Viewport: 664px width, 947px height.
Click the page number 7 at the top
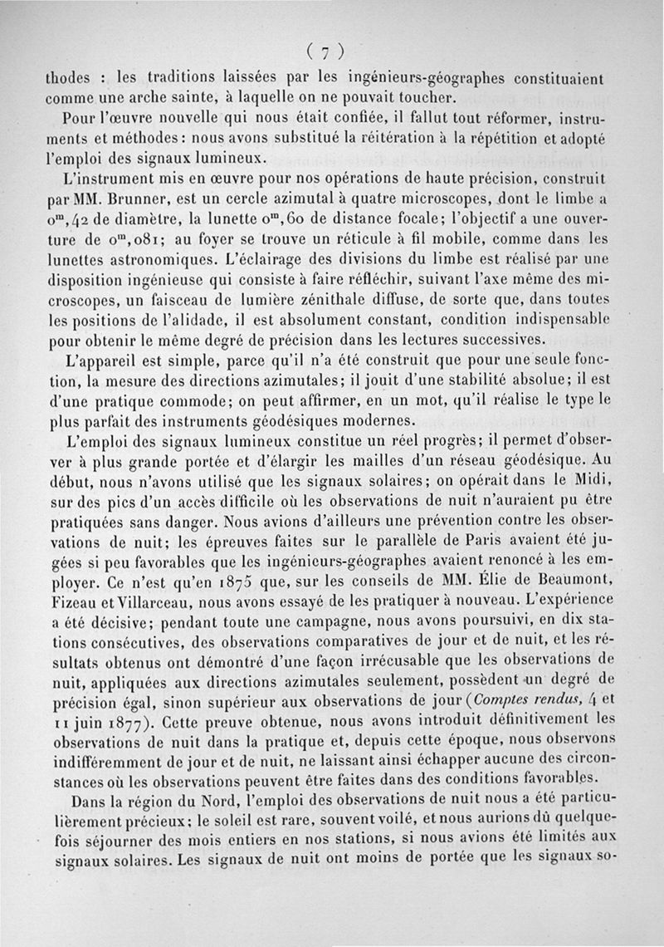pos(326,51)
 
